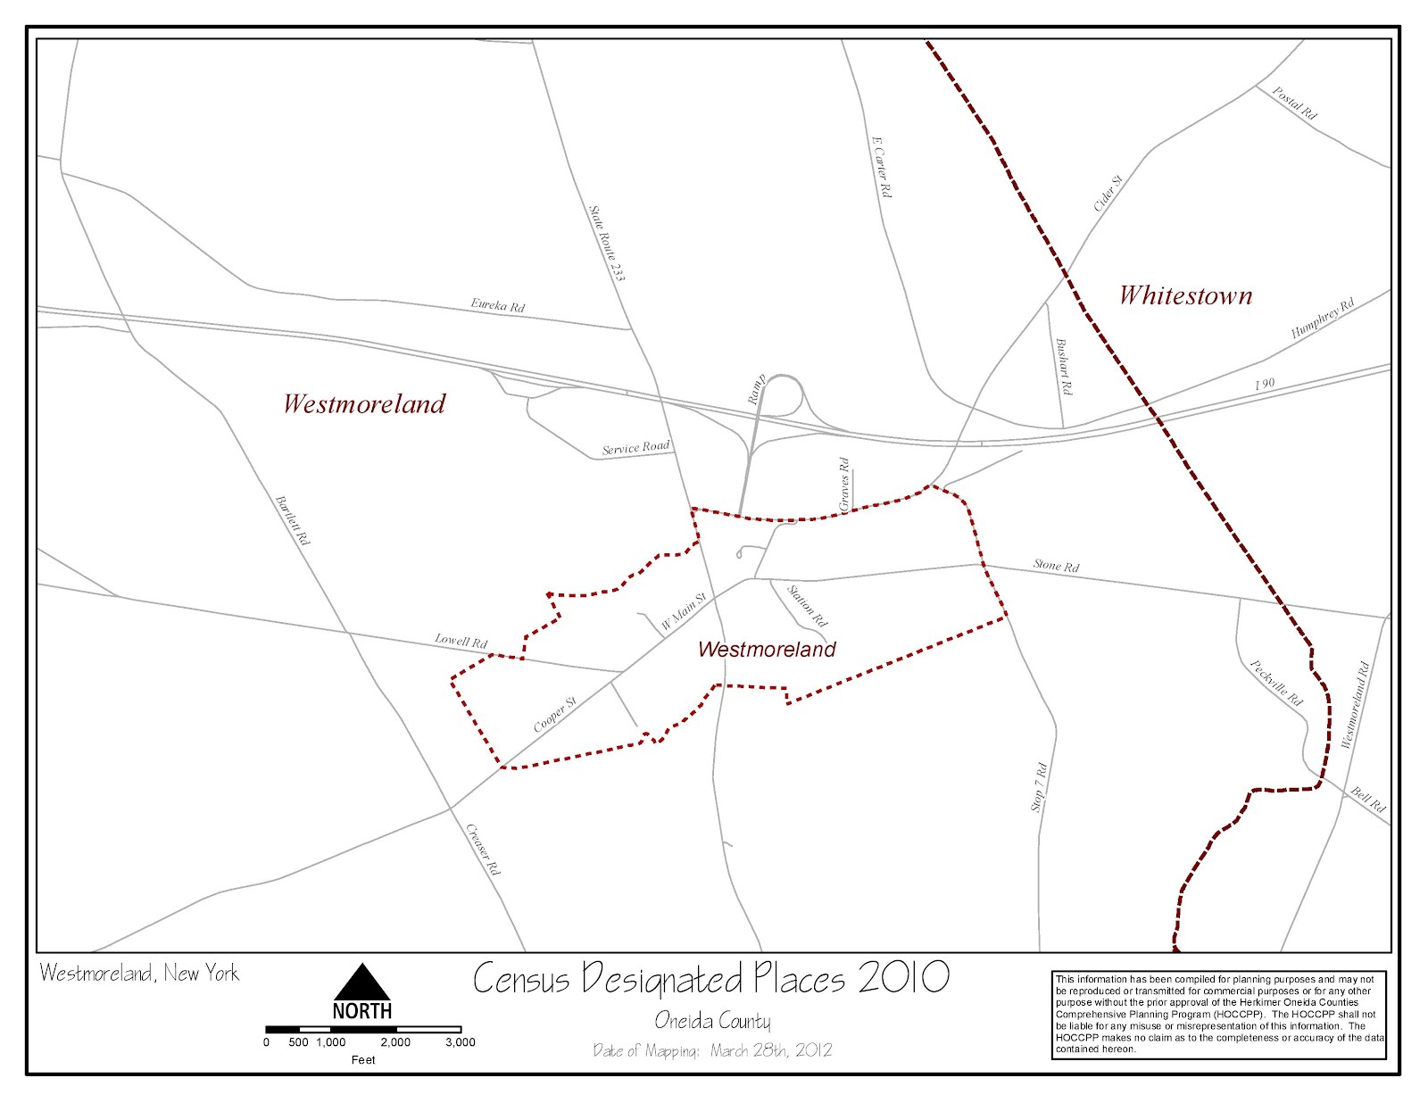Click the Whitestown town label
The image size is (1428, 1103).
click(1185, 295)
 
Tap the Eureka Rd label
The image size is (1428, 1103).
click(498, 305)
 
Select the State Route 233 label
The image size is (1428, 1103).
click(607, 244)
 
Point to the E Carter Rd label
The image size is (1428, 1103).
click(881, 167)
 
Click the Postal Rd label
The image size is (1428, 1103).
click(1294, 103)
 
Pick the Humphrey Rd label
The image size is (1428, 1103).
click(1323, 318)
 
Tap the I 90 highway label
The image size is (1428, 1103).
click(1265, 384)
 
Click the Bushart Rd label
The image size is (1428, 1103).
click(1064, 367)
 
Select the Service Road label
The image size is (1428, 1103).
click(635, 448)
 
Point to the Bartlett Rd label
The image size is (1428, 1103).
click(293, 520)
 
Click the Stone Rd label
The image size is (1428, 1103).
click(1057, 566)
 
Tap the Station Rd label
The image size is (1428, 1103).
click(807, 606)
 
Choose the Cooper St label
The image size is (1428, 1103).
click(555, 714)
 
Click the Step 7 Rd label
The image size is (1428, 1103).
click(1038, 786)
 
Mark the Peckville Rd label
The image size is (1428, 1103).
click(1276, 683)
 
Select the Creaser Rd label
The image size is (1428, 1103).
click(483, 849)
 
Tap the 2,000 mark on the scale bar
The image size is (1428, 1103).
click(395, 1041)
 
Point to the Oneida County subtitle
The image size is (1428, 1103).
click(712, 1021)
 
